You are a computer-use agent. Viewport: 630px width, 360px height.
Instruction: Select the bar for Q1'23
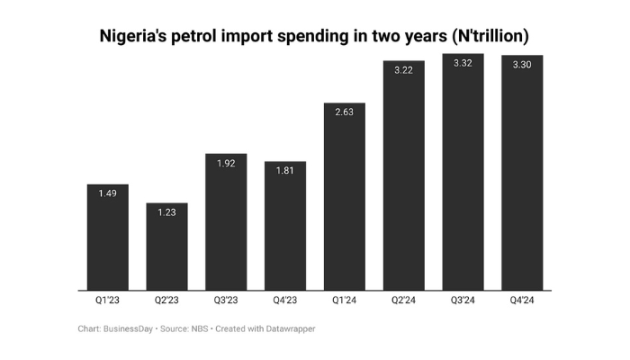tap(107, 238)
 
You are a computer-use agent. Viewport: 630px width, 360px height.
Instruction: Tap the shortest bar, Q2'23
tap(166, 247)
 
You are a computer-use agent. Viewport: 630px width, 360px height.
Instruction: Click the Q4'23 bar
tap(285, 227)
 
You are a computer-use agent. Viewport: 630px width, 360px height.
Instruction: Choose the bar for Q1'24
tap(345, 198)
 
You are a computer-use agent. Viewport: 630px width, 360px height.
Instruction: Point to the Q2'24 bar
tap(404, 176)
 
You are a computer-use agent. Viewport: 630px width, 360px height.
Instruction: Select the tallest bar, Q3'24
tap(463, 173)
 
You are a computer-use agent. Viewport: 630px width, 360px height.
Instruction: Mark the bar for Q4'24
tap(523, 174)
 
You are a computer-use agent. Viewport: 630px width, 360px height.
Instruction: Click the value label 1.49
tap(107, 193)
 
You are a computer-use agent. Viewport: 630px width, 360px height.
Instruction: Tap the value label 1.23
tap(166, 212)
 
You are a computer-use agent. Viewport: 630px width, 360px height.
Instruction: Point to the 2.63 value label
tap(345, 112)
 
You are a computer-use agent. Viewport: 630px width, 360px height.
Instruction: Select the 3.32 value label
tap(463, 63)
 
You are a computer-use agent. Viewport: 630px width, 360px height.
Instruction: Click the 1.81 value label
tap(285, 171)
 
